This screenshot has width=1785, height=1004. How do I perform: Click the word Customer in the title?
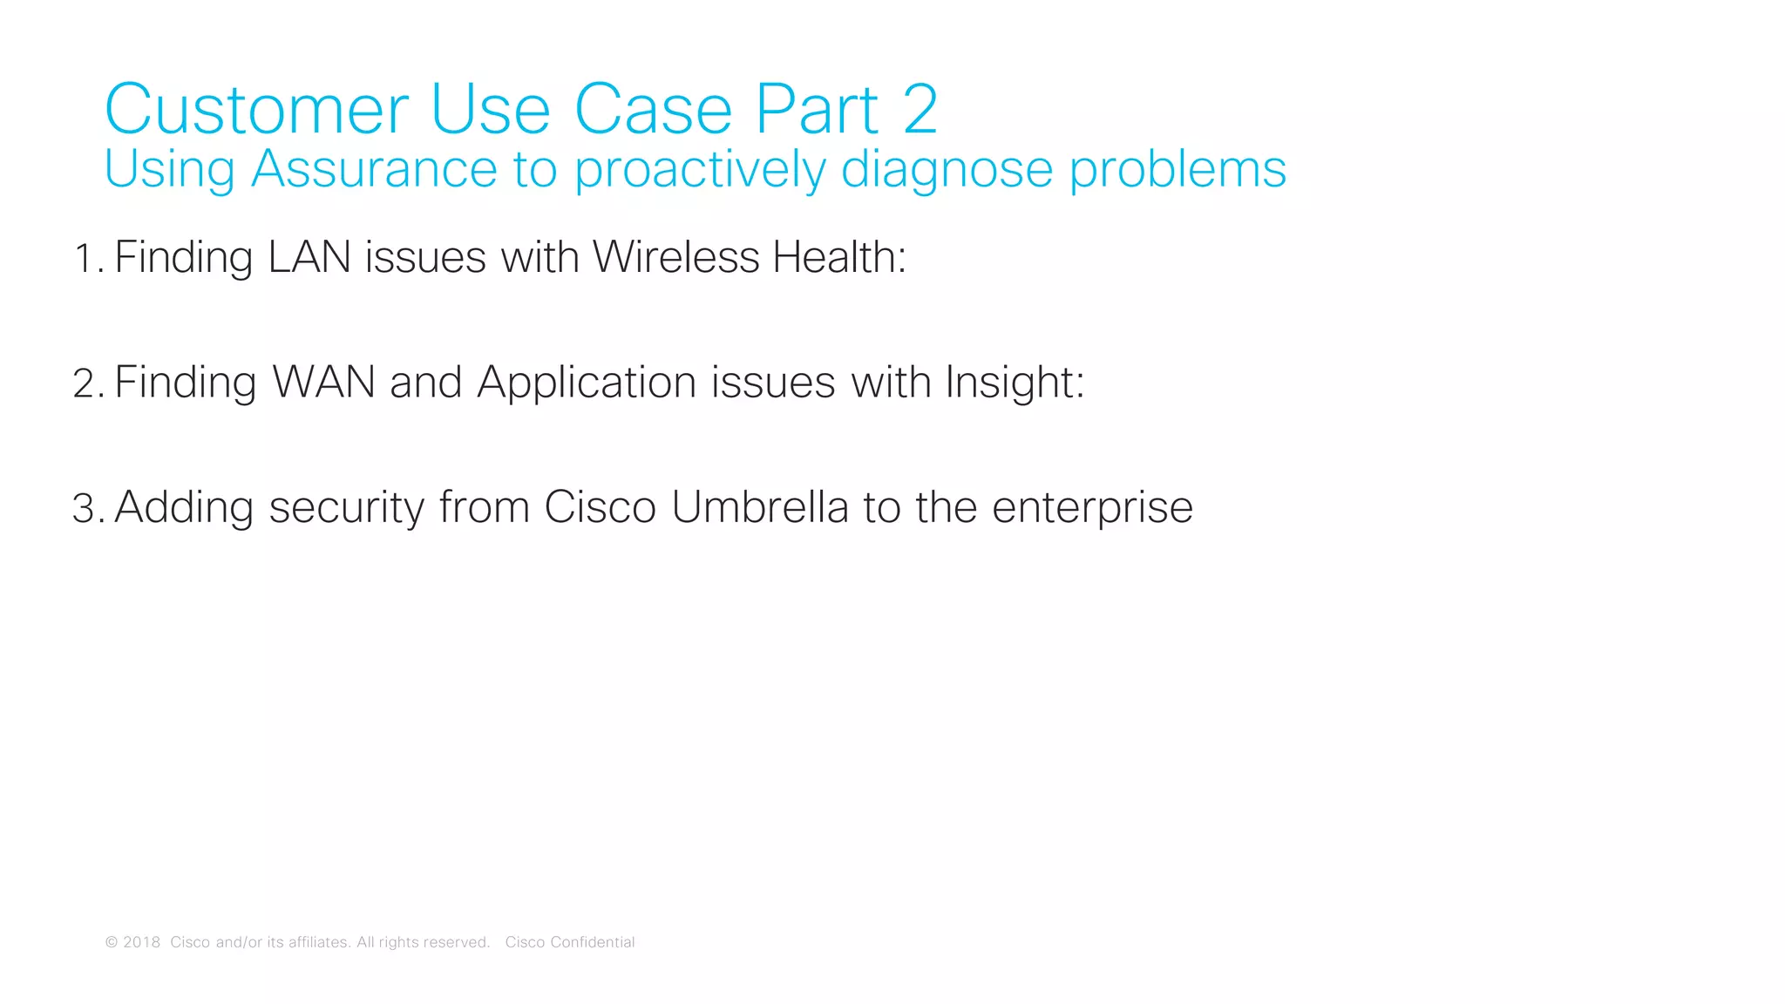pyautogui.click(x=256, y=110)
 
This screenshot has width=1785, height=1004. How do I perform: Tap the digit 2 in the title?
pyautogui.click(x=920, y=110)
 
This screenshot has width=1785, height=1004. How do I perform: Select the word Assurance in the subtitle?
pyautogui.click(x=374, y=168)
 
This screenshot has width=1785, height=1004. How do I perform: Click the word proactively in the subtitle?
pyautogui.click(x=699, y=170)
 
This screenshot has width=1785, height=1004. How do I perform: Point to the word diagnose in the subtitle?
pyautogui.click(x=947, y=170)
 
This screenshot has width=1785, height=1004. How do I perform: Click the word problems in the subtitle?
pyautogui.click(x=1178, y=170)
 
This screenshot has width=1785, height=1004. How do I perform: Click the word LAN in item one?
pyautogui.click(x=309, y=257)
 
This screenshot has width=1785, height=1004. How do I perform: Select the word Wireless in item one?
pyautogui.click(x=676, y=257)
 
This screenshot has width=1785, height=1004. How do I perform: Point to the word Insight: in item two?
pyautogui.click(x=1015, y=383)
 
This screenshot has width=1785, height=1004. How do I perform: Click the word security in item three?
pyautogui.click(x=346, y=508)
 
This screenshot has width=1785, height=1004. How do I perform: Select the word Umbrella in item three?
pyautogui.click(x=760, y=507)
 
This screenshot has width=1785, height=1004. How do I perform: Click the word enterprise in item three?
pyautogui.click(x=1092, y=509)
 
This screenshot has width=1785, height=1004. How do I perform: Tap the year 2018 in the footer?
pyautogui.click(x=141, y=942)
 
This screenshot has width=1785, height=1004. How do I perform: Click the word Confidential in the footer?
pyautogui.click(x=593, y=942)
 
